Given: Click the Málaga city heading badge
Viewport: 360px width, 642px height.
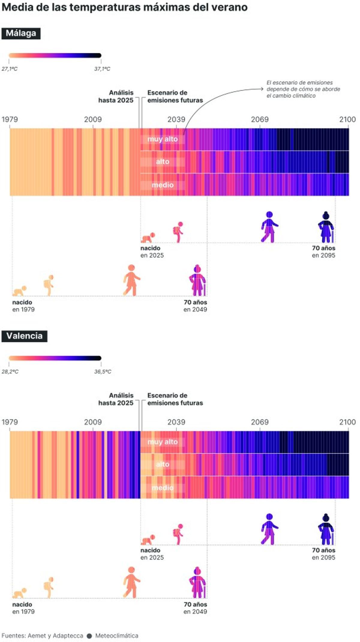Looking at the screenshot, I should pos(21,33).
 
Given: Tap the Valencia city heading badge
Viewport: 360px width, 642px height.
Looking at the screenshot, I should pos(24,336).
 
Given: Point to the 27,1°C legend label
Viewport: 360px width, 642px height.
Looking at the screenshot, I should pos(10,69).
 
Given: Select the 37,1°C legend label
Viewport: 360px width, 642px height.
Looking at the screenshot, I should pos(102,69).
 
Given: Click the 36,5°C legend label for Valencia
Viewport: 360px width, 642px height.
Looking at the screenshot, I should pos(103,372).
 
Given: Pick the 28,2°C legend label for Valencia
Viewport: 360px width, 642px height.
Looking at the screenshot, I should pos(10,372).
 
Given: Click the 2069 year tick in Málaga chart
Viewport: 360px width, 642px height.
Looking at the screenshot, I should pos(259,120).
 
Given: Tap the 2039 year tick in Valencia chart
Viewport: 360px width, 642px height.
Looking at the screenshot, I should pos(176,422).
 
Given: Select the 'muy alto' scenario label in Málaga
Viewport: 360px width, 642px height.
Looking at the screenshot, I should pos(162,139).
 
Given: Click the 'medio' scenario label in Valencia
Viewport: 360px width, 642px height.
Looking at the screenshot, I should pos(162,488).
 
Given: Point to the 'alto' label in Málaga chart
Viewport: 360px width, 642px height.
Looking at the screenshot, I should pos(162,162).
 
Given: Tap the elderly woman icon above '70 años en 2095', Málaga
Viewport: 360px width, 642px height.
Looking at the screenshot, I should pos(326,227).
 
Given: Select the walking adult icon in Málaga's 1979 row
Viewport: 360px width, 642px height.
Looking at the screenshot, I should pos(131,280).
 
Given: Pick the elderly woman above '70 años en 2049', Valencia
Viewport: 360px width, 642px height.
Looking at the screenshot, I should pos(197,582).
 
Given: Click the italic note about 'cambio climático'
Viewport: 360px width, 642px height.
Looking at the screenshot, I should pos(303,89).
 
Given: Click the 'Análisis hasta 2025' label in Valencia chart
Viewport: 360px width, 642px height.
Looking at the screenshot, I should pos(116,399).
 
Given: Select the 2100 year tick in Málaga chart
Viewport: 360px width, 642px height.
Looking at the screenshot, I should pos(347,120).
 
